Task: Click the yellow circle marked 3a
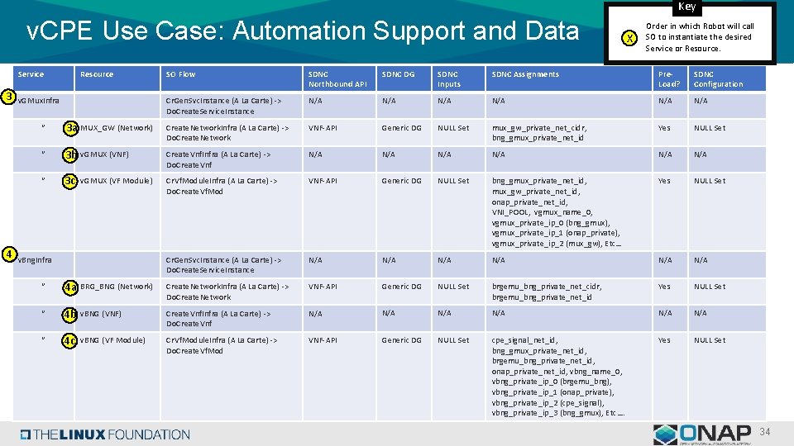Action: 72,128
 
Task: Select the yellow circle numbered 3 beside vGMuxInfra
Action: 8,97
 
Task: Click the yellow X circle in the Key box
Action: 631,38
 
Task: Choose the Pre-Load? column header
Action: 669,79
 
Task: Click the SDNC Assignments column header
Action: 525,74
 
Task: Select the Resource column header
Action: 97,74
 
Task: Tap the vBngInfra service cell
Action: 35,260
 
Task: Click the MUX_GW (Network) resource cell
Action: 117,128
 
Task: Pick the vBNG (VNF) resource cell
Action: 101,314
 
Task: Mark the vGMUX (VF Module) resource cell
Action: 117,181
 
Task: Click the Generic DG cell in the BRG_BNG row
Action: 401,287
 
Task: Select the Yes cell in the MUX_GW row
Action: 664,128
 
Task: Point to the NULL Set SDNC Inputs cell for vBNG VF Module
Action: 453,340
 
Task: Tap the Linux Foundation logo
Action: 105,434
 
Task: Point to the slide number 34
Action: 764,433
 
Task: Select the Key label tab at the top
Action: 686,7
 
